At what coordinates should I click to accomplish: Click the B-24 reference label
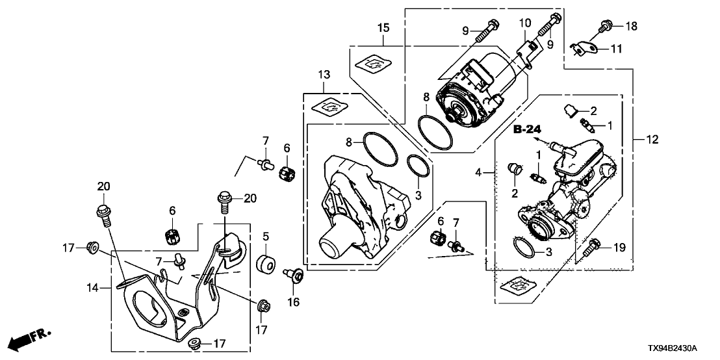[526, 130]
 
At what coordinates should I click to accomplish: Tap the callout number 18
[632, 26]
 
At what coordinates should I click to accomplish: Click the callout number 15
[383, 27]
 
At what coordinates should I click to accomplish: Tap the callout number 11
[616, 48]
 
